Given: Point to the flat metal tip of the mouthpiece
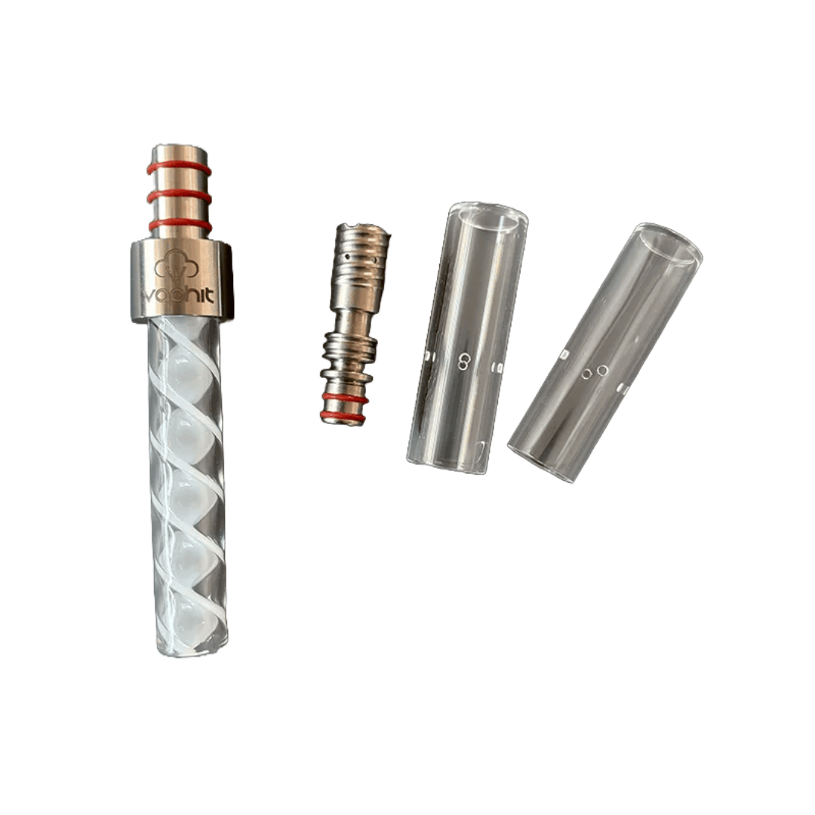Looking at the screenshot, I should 179,151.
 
